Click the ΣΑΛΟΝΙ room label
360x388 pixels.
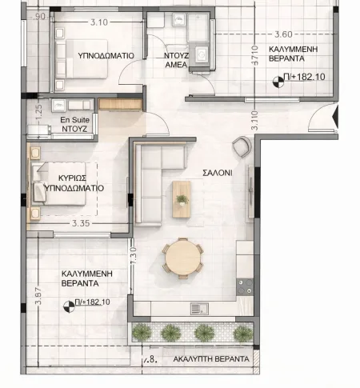pos(218,173)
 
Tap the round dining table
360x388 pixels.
pos(182,258)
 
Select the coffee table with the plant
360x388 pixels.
pos(182,199)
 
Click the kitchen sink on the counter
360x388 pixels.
pos(199,309)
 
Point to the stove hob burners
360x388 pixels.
pos(245,287)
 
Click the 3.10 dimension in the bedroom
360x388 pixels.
pos(99,22)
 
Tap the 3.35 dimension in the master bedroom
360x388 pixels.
pos(81,223)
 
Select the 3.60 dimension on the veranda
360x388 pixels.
pos(283,34)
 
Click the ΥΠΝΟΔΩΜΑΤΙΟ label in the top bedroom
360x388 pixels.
pos(106,55)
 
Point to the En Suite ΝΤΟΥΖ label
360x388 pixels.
pos(74,124)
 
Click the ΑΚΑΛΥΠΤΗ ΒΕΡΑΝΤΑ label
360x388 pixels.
pos(211,359)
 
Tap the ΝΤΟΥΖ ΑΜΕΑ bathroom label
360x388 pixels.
pos(176,60)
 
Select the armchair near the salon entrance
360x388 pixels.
pos(242,146)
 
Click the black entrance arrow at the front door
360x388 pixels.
pos(336,117)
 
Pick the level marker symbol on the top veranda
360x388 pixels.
pos(278,82)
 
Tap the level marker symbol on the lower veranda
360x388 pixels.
pos(69,306)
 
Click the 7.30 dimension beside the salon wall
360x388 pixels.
pos(134,256)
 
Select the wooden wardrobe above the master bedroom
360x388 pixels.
pos(120,104)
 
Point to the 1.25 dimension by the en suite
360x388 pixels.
pos(38,112)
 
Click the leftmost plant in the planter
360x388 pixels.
pos(142,332)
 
